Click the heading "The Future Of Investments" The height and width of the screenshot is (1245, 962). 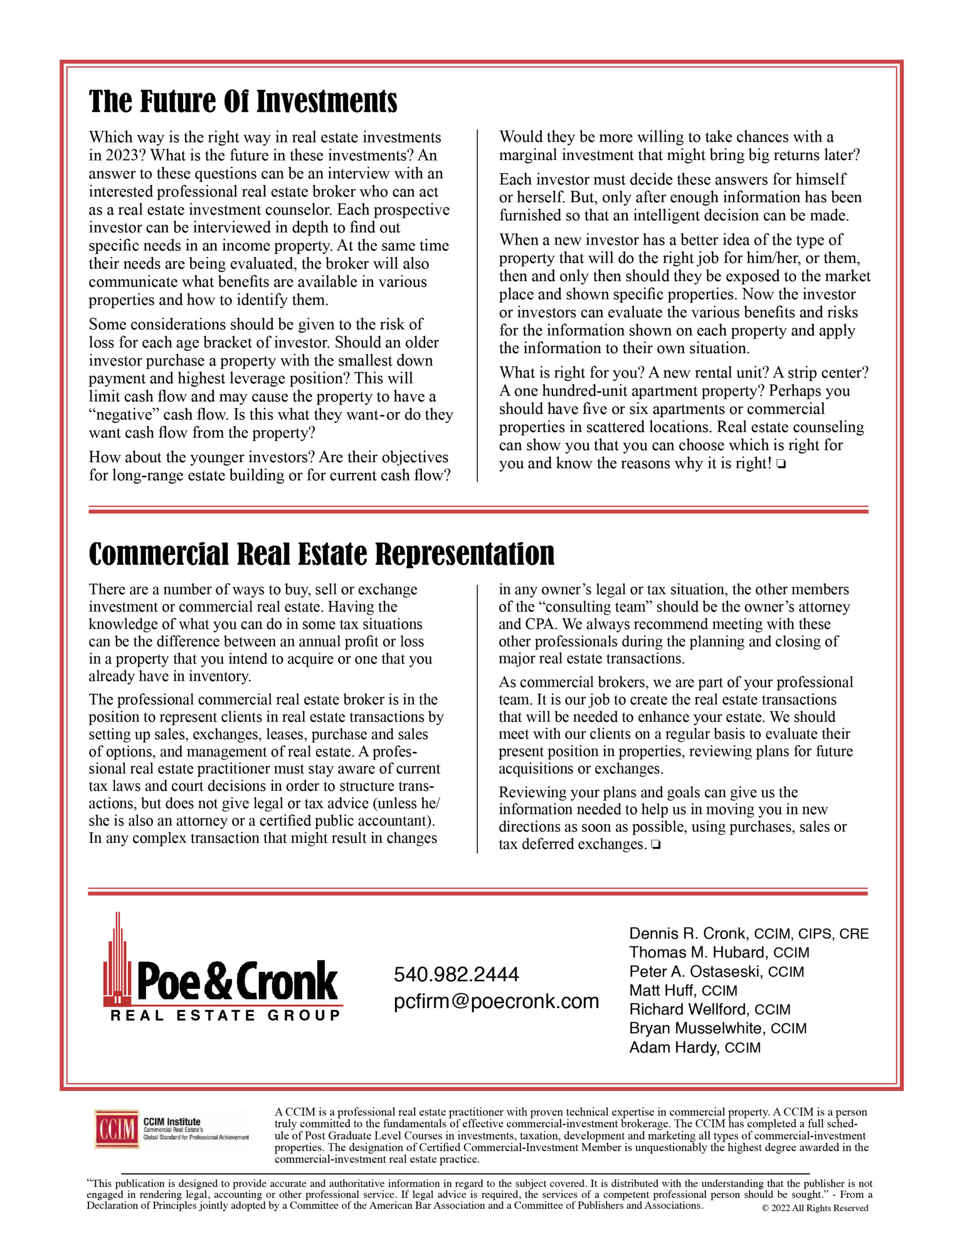243,102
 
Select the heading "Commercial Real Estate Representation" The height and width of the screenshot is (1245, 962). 321,554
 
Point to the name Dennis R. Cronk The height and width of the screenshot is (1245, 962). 688,934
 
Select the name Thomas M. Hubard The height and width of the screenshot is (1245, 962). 697,953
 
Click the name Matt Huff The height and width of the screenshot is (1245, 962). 661,990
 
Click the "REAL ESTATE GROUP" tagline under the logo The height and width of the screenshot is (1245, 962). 225,1015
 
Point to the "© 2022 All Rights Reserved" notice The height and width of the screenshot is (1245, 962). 815,1208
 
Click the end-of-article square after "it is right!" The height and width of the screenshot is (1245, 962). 781,464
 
